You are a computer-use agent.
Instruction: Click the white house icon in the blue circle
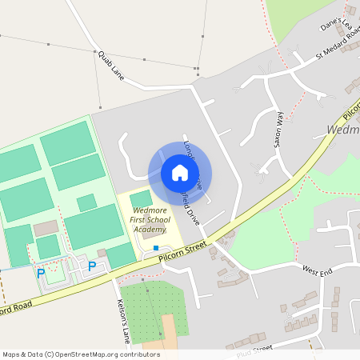coord(179,173)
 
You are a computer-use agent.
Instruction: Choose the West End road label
coord(317,271)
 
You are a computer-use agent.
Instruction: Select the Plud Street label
coord(255,350)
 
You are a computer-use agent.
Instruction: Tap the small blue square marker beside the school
coord(155,248)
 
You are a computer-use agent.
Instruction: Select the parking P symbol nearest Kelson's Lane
coord(92,266)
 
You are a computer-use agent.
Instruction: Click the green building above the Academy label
coord(141,198)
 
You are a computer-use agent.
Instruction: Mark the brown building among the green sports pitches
coord(46,230)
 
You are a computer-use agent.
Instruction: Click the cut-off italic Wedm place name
coord(343,129)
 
